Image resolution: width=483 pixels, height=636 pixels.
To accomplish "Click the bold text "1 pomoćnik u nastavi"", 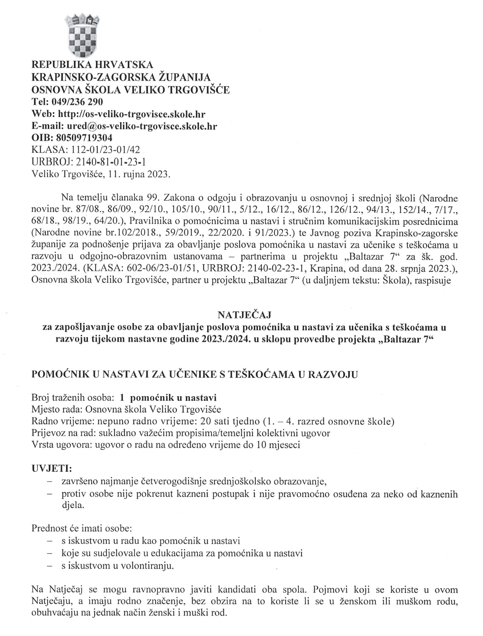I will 168,398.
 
